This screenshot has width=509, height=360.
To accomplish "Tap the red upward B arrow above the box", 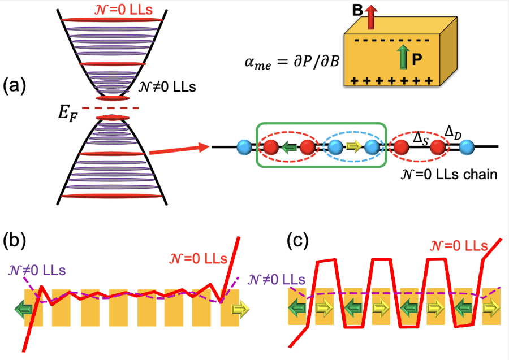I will click(371, 16).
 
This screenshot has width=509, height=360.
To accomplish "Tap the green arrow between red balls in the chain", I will click(289, 148).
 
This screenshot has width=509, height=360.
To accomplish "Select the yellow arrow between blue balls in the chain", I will click(353, 148).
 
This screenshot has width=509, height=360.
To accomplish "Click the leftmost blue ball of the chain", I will click(245, 148).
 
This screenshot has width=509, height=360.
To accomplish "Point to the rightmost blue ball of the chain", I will click(466, 148).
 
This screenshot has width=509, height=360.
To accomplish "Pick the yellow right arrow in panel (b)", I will click(239, 308).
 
